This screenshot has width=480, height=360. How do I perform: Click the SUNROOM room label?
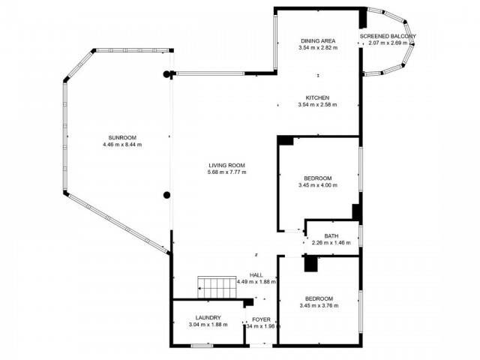(x=121, y=138)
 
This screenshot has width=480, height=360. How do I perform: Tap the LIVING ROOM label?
(x=226, y=165)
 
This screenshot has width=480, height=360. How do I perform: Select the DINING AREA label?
(x=318, y=40)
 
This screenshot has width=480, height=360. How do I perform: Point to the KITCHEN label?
(x=318, y=97)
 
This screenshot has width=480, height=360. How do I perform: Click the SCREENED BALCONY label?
(x=388, y=36)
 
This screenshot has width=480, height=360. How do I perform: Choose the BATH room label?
(x=331, y=236)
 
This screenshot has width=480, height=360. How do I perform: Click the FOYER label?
(x=261, y=319)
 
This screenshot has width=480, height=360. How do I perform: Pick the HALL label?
(x=256, y=274)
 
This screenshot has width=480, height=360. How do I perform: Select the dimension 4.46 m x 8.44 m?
(x=121, y=145)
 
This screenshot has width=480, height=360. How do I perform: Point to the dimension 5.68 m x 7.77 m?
(x=226, y=172)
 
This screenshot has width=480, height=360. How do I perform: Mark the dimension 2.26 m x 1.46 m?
(x=331, y=243)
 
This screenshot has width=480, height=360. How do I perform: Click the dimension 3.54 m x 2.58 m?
(x=318, y=105)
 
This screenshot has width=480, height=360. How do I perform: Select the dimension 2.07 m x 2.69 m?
(x=388, y=43)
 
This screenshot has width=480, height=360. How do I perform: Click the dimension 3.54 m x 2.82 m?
(x=318, y=47)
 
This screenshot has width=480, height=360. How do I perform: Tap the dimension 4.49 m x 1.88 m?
(x=256, y=282)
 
